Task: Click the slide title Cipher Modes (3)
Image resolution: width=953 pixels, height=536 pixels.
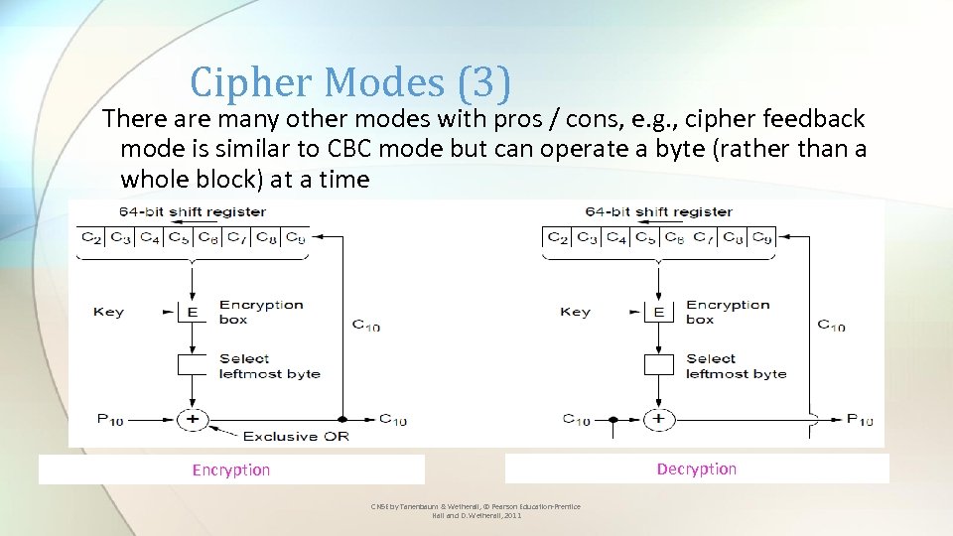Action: click(x=350, y=82)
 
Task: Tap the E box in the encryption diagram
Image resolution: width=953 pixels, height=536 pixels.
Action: click(x=193, y=312)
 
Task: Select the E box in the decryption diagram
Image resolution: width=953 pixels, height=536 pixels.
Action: click(x=659, y=312)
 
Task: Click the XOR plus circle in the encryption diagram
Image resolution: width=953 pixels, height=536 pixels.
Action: click(x=193, y=419)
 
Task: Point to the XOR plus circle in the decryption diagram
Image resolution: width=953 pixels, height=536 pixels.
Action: click(x=659, y=419)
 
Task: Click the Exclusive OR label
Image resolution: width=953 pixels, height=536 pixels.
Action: click(x=295, y=436)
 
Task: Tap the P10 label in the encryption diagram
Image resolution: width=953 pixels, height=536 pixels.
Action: click(x=110, y=419)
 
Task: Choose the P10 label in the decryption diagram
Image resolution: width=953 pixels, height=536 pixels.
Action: click(x=860, y=420)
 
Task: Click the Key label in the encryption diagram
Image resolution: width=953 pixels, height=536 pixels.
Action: click(x=108, y=312)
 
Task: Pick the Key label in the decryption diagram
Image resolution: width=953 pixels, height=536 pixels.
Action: click(x=575, y=312)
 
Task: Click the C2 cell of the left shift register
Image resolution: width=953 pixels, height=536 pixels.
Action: click(x=91, y=237)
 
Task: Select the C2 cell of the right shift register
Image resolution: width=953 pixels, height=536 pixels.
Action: click(x=558, y=237)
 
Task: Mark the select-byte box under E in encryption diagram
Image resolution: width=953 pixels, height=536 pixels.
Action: click(x=193, y=364)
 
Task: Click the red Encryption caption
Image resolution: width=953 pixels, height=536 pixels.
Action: click(x=230, y=470)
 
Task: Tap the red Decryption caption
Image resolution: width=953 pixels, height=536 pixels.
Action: click(x=696, y=469)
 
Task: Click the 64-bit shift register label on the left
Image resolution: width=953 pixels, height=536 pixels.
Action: click(x=193, y=211)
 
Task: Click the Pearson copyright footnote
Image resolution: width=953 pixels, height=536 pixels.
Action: click(x=476, y=511)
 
